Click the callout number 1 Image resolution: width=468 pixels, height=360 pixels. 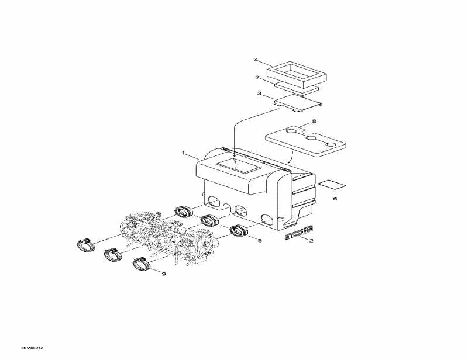(184, 154)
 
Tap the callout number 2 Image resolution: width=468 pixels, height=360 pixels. (311, 240)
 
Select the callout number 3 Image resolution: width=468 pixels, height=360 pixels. (259, 93)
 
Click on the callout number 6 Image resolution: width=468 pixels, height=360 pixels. (335, 199)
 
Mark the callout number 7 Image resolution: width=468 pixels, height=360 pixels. (257, 78)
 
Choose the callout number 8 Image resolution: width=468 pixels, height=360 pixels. (314, 121)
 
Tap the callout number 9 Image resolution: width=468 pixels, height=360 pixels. (164, 274)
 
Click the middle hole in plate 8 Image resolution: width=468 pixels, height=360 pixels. (310, 139)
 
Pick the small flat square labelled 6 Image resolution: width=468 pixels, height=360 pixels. (331, 185)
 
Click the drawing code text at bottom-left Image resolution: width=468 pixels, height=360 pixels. (32, 347)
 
